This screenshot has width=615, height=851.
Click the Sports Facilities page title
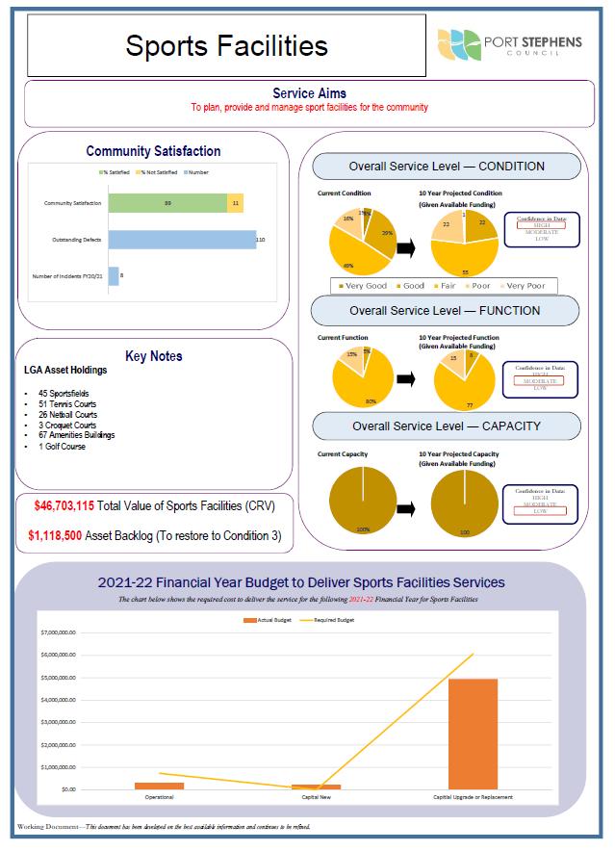[x=226, y=45]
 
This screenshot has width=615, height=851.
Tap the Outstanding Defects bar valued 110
[x=182, y=239]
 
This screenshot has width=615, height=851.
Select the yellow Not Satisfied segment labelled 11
[x=236, y=203]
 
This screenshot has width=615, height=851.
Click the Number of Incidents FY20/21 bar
[x=114, y=276]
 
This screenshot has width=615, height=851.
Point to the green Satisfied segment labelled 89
[x=167, y=203]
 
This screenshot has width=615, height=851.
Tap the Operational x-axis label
[x=159, y=797]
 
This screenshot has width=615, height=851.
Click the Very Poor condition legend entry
[x=522, y=286]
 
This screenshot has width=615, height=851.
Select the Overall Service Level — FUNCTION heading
[x=445, y=311]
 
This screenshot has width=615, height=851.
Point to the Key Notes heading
[x=153, y=356]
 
